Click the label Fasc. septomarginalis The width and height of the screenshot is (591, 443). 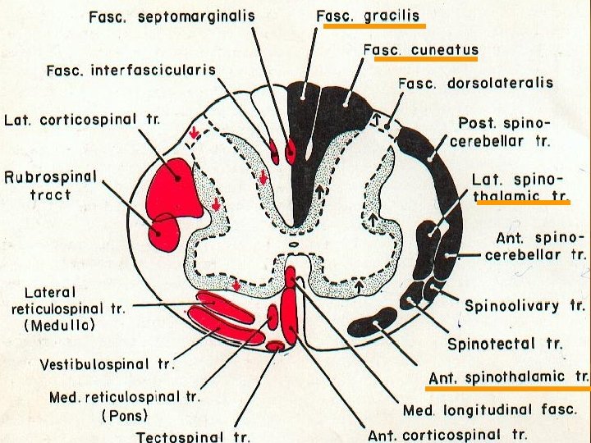pos(172,16)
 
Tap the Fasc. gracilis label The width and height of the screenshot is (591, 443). pos(367,16)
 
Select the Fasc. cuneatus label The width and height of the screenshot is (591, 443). pos(420,50)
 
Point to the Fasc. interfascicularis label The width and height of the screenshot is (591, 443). pos(131,70)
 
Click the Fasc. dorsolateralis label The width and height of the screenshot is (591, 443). pos(475,83)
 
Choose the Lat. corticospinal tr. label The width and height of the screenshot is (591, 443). pos(81,120)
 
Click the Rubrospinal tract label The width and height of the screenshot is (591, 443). pos(50,185)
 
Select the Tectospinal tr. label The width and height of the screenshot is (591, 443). pos(193,435)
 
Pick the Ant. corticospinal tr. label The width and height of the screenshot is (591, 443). pos(447,434)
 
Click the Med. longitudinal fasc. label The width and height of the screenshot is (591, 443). pos(490,409)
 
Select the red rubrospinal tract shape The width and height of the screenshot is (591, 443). pos(165,232)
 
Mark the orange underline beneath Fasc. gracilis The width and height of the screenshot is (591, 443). pos(374,26)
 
